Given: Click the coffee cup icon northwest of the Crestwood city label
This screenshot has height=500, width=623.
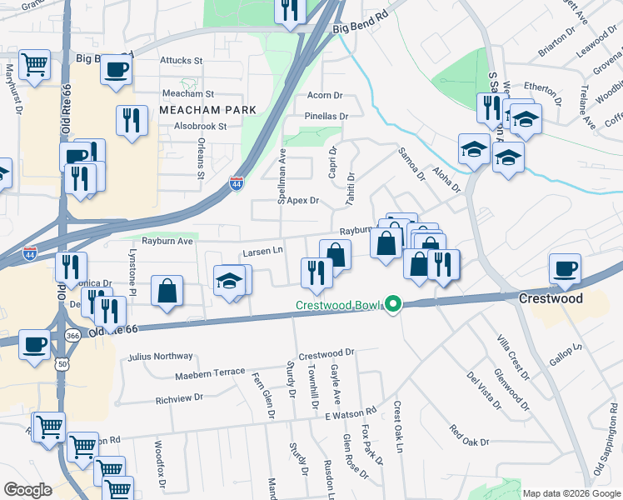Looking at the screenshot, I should click(x=566, y=268).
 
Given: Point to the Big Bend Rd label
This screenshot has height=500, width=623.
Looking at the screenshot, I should click(x=361, y=28).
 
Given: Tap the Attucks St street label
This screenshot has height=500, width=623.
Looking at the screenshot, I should click(x=182, y=61).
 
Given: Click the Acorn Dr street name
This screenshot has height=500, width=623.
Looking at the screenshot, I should click(x=325, y=96).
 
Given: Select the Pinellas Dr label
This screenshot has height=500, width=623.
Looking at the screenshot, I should click(x=326, y=116).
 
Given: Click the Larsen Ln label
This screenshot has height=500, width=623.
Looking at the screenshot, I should click(x=263, y=250).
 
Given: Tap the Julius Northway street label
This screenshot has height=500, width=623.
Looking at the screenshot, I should click(x=161, y=357).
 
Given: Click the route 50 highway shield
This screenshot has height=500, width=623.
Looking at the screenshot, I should click(x=63, y=364).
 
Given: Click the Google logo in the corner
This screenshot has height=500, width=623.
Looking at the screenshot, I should click(x=27, y=490).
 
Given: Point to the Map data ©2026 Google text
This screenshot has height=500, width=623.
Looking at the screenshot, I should click(x=571, y=492).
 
